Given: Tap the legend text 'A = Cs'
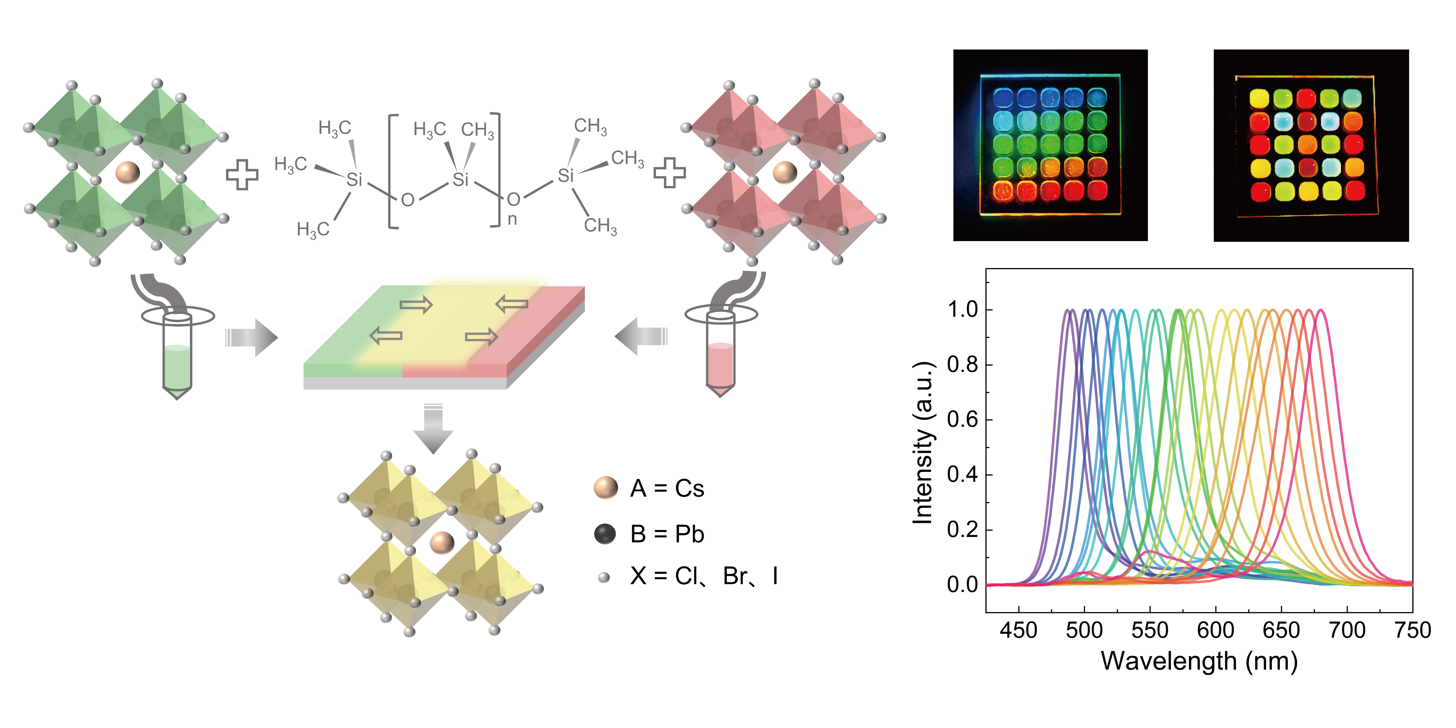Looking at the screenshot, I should coord(667,488).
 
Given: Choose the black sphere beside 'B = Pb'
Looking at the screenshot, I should coord(605,534).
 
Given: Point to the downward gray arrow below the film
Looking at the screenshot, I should coord(433,430).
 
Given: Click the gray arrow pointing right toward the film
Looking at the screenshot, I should coord(252,338).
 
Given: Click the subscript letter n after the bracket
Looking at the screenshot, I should coord(512,219).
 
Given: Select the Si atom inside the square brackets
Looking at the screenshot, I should coord(461,180).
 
